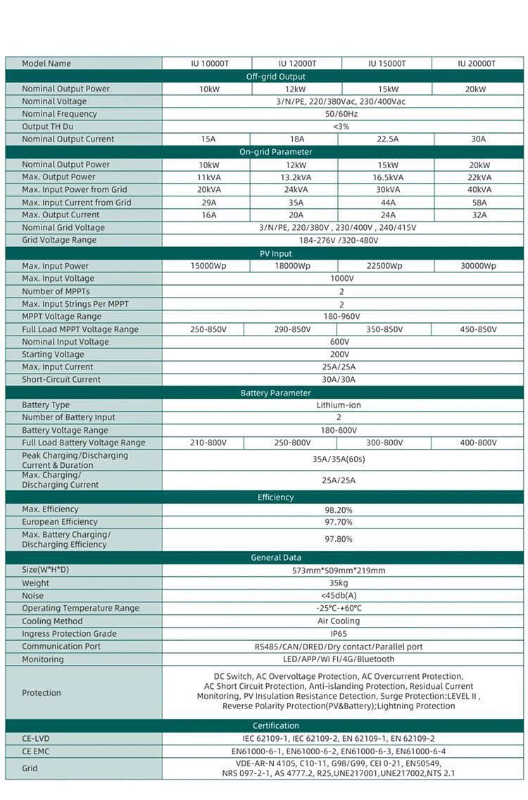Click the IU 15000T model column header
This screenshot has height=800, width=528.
(386, 63)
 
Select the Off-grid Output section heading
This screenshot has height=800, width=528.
(275, 76)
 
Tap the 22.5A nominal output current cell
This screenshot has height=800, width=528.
(386, 139)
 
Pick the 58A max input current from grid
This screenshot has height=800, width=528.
(478, 203)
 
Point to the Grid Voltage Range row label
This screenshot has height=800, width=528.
(59, 240)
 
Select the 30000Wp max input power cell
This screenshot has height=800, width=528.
(478, 266)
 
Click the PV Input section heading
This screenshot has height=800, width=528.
(275, 253)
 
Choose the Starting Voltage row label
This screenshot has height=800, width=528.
(53, 355)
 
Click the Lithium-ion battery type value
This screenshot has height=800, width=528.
(339, 405)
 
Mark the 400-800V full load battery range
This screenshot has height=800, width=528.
(478, 443)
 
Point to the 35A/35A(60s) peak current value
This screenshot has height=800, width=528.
(339, 459)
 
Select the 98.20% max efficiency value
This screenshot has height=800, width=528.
(339, 509)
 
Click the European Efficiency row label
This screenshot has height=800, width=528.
(60, 522)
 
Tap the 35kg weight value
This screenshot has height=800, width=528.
(339, 583)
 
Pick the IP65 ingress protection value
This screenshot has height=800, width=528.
(339, 634)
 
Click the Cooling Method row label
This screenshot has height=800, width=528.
(52, 621)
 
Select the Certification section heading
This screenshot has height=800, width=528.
(275, 725)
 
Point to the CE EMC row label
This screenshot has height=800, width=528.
(37, 751)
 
